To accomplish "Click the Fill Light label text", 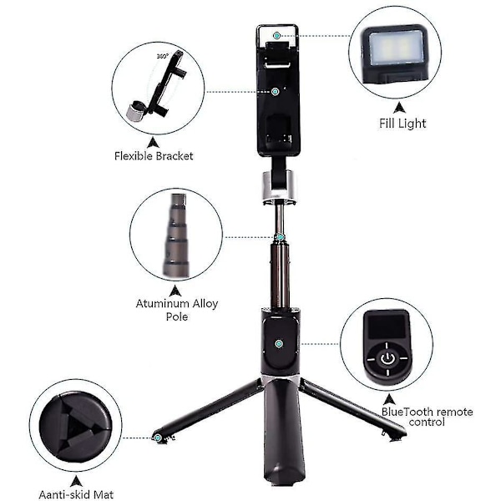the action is [402, 124].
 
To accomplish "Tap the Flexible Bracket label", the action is [154, 156].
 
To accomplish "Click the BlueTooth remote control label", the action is [428, 417].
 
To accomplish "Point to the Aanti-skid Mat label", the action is [76, 494].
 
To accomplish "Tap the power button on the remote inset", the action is [387, 358].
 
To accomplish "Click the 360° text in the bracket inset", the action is [162, 56].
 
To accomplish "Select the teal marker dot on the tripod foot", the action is [157, 438].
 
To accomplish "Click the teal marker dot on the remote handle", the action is [279, 344].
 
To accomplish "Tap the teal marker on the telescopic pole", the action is [281, 237].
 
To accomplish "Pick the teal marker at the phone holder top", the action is [276, 35].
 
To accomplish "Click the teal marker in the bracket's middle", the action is [275, 92].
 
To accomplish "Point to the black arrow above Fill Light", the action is [399, 108].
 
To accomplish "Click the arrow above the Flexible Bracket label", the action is [154, 143].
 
